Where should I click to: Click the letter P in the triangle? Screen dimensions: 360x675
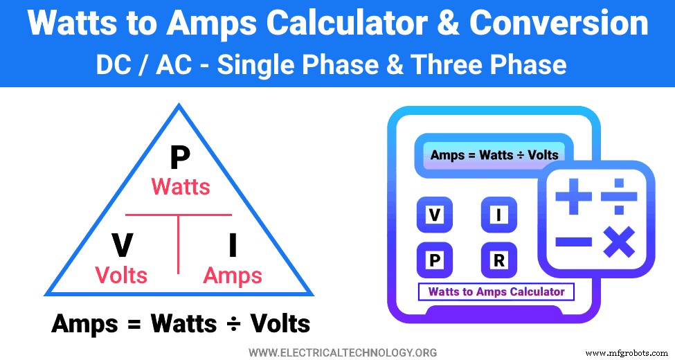(179, 157)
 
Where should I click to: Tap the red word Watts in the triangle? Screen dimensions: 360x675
(181, 186)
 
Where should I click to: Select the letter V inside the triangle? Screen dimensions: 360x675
(122, 245)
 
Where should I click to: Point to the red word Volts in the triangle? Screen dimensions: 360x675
(122, 275)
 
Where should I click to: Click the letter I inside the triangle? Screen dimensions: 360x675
(233, 245)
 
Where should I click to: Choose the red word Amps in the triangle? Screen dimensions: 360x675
(233, 275)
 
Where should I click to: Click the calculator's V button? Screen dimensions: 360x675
(434, 215)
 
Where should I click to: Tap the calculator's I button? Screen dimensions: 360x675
(498, 215)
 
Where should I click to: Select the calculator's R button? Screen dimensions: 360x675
(498, 260)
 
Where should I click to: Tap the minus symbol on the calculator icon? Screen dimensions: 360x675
(574, 242)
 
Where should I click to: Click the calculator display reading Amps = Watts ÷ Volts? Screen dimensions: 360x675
(494, 155)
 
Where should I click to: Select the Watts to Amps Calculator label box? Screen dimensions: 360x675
(496, 291)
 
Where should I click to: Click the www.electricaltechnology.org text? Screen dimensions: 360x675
(343, 352)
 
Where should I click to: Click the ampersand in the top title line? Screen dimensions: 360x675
(449, 24)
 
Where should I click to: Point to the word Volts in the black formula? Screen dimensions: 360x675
(280, 323)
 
